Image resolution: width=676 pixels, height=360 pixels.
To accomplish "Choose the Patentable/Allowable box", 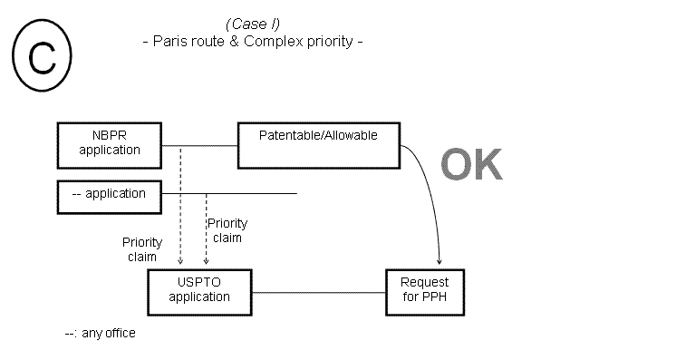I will point(318,145).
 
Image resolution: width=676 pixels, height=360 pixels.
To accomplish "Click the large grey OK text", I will point(471,165).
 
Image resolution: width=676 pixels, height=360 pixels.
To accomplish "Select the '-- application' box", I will point(110,193).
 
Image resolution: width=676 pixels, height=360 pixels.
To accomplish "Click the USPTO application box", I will point(199,289).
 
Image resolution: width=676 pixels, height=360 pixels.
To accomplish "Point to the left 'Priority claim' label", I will point(142,249).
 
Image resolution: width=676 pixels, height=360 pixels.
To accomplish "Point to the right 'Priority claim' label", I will point(227,230).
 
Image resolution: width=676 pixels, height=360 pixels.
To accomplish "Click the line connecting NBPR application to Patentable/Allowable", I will point(199,145).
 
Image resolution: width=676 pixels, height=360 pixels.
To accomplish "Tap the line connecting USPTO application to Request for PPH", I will point(318,292).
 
